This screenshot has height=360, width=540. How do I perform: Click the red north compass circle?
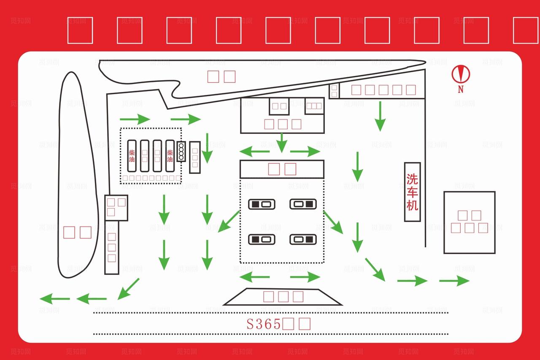461,74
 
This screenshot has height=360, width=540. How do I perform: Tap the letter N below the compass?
461,89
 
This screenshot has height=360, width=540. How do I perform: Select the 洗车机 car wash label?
412,192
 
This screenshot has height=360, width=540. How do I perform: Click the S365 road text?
264,324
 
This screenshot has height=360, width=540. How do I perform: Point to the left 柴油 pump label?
132,156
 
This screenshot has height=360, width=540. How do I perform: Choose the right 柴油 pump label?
170,156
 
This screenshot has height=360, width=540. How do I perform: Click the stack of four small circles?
181,152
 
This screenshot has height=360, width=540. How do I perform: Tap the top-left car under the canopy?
262,204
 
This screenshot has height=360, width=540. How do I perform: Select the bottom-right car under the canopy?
303,239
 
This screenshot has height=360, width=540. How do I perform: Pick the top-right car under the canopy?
303,204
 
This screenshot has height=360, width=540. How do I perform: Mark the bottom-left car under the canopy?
262,239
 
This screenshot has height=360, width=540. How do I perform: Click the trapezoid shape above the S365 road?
283,297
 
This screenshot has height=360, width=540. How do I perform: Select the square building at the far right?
469,222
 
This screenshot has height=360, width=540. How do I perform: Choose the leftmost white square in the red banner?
80,30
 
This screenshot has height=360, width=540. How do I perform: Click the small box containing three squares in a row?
314,106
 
